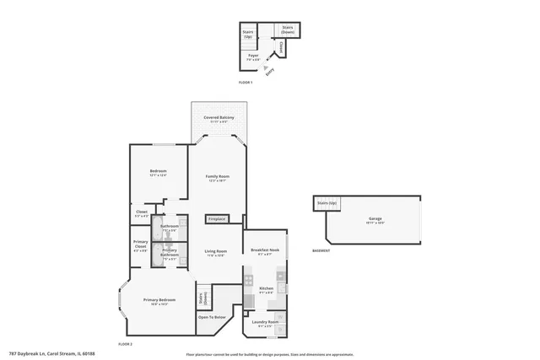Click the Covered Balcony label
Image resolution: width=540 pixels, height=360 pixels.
coord(218,119)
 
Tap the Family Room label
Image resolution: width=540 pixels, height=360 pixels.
coord(218,177)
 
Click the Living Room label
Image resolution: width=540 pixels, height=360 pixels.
coord(216,252)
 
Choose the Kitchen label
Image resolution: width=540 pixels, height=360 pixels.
coord(266,289)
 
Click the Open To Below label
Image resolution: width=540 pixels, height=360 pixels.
coord(212,317)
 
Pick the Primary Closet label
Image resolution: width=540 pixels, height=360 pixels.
coord(140,246)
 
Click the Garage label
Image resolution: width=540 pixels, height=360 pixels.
coord(374,219)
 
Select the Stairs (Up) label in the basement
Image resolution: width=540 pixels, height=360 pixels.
coord(327,203)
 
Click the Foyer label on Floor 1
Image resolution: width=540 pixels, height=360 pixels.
coord(252,58)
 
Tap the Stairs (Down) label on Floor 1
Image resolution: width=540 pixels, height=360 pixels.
coord(287,30)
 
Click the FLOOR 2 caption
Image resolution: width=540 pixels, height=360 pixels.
coord(126,345)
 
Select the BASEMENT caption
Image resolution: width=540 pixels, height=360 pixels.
coord(321,250)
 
